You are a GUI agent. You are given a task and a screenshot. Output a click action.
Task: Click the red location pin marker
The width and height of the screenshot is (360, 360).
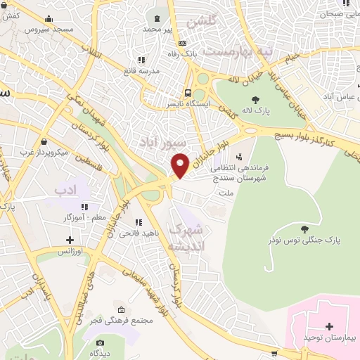click(181, 165)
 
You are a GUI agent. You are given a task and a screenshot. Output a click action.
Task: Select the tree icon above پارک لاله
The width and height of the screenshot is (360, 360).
click(255, 100)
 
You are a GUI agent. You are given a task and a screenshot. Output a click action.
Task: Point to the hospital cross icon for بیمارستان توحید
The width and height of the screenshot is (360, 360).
click(330, 326)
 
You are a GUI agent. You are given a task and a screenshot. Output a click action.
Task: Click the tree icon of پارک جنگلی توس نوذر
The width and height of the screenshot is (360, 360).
click(304, 229)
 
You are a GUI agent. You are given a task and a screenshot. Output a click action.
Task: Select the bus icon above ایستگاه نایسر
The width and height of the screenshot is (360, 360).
click(188, 92)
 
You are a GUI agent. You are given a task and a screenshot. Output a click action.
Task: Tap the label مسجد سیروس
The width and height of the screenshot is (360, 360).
click(49, 30)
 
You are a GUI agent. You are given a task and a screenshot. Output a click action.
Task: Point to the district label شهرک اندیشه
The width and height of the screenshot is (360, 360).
click(188, 238)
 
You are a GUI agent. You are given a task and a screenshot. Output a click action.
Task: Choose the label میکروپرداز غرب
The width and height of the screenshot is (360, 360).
click(44, 152)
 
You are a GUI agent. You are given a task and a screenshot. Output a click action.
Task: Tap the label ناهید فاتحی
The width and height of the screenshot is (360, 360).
click(134, 232)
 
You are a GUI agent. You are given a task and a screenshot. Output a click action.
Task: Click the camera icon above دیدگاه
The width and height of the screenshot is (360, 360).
click(100, 344)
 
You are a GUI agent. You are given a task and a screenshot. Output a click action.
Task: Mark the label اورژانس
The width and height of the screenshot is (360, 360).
click(70, 251)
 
